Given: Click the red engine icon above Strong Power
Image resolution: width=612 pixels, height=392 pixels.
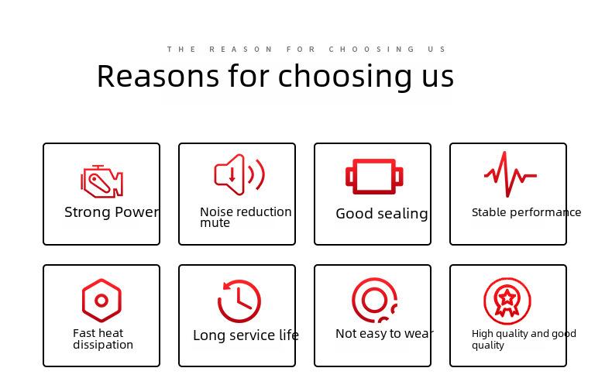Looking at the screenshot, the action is [x=101, y=181].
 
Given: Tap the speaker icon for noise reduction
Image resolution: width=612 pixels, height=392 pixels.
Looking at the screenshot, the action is [x=239, y=174].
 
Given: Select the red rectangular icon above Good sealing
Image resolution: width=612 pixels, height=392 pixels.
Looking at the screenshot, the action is [x=374, y=177].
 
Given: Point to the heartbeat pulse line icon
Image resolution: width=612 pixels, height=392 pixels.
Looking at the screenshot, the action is [x=511, y=174].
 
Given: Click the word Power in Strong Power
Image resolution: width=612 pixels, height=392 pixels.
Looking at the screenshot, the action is [x=136, y=212].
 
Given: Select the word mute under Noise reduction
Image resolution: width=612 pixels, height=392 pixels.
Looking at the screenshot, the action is [x=215, y=223].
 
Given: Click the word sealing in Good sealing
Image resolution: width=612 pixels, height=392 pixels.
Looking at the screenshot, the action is [x=403, y=214].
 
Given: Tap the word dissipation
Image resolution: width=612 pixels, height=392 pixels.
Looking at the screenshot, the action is [x=103, y=345].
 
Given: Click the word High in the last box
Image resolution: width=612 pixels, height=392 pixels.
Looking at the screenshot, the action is [x=483, y=334].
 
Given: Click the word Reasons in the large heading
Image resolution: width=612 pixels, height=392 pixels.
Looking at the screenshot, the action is [x=158, y=76].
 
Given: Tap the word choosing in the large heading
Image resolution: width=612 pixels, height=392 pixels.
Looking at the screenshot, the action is [x=345, y=77].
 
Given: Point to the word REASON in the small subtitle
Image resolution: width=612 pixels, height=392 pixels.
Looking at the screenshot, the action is [x=241, y=50].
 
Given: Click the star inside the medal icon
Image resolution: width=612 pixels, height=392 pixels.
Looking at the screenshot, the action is [x=507, y=298].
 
